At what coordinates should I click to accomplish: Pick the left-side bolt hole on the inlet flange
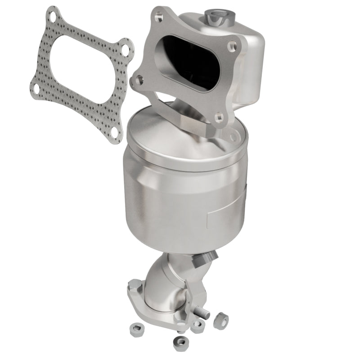coord(135,81)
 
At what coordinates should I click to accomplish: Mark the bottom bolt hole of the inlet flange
coord(219,117)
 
